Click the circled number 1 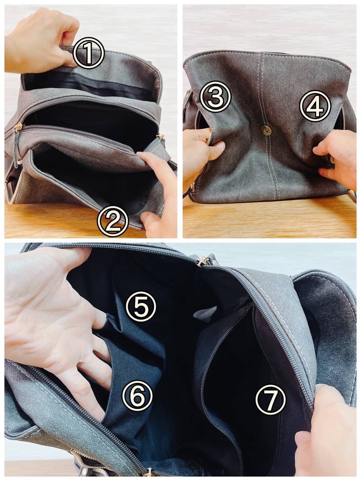[89, 53]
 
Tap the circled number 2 [113, 221]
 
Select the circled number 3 [215, 97]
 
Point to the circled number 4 [315, 106]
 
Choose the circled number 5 [141, 307]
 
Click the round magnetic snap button [266, 131]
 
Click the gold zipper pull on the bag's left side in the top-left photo [18, 126]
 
